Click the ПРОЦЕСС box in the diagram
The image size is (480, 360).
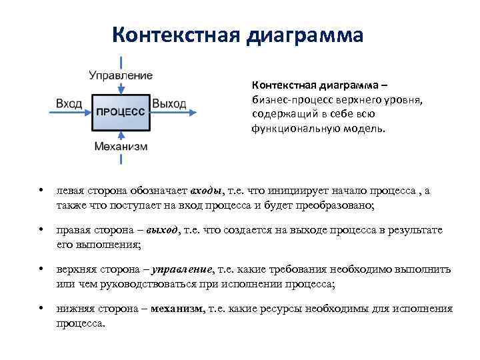coord(121,111)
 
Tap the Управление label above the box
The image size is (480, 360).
coord(121,75)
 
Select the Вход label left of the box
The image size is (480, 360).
coord(69,104)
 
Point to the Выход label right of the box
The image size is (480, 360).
coord(169,104)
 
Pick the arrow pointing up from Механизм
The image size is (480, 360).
coord(121,157)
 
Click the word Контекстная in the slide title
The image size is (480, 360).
coord(175,34)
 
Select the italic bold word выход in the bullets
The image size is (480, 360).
coord(163,230)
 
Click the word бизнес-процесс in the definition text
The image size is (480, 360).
coord(289,99)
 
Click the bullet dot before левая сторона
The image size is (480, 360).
coord(41,191)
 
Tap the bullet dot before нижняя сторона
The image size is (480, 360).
coord(41,309)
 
